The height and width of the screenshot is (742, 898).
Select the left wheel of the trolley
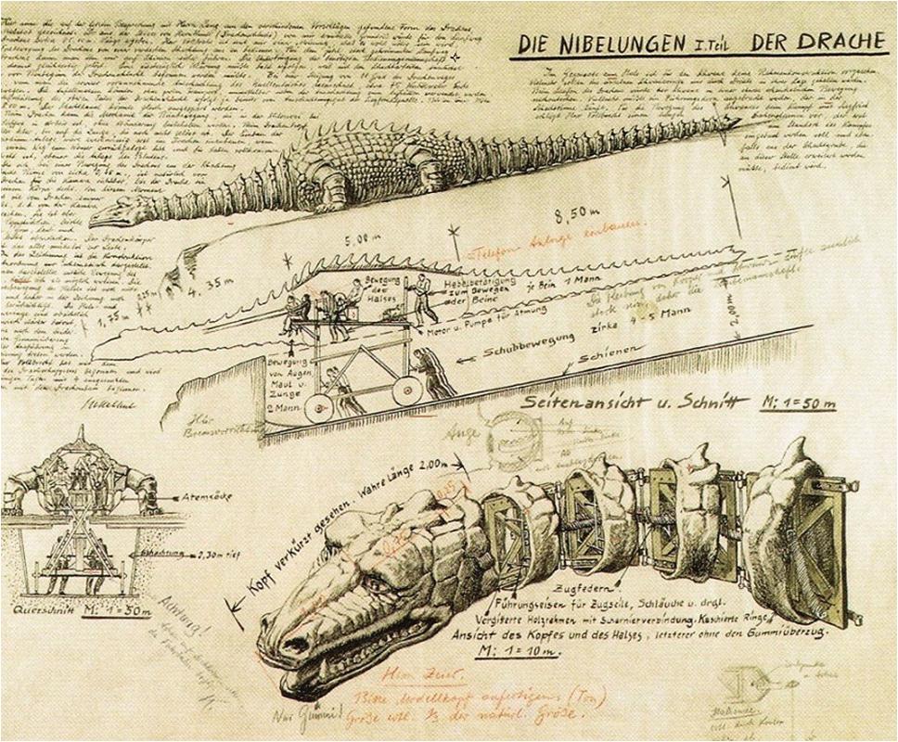pyautogui.click(x=318, y=405)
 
